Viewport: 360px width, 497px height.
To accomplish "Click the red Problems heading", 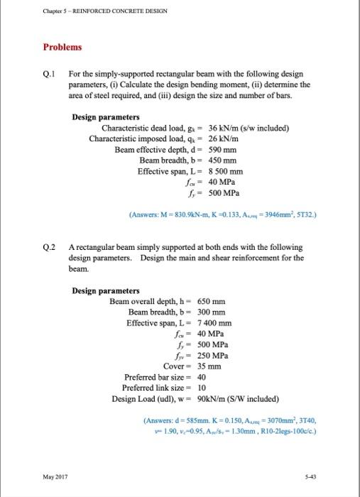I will pyautogui.click(x=62, y=47).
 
